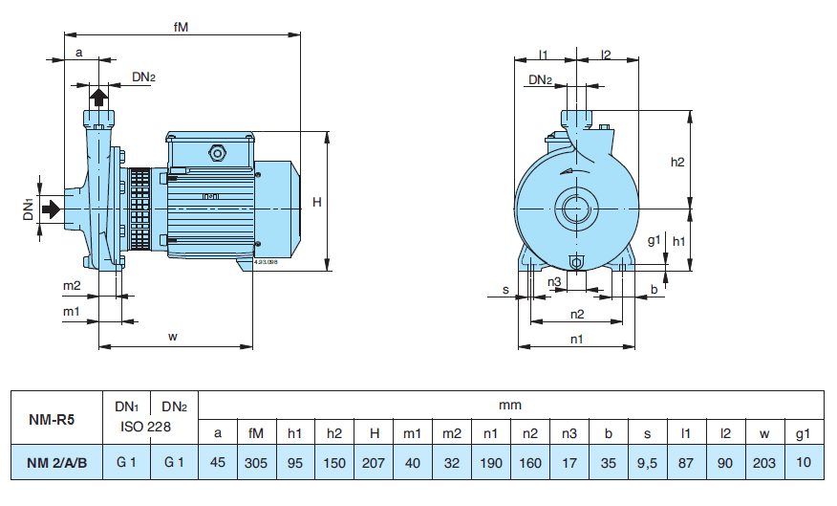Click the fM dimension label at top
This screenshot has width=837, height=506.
[x=181, y=27]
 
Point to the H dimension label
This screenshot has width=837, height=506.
[x=317, y=202]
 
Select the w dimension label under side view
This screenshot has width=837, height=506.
[x=173, y=336]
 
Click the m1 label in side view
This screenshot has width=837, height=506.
[x=72, y=312]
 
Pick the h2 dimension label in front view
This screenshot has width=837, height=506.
[x=677, y=162]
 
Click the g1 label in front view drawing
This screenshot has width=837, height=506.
[x=654, y=242]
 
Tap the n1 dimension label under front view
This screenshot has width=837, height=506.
[x=577, y=339]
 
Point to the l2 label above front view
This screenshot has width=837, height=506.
[x=606, y=55]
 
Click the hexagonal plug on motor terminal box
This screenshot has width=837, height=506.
[x=217, y=152]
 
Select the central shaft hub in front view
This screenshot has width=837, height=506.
[x=577, y=208]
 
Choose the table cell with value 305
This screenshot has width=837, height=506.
[x=256, y=463]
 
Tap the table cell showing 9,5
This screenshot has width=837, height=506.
[x=647, y=463]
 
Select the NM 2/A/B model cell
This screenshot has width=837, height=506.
[x=56, y=463]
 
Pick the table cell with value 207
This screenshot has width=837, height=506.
[x=374, y=463]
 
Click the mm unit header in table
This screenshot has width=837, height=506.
[x=510, y=405]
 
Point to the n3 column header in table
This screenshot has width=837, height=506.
[x=569, y=432]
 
